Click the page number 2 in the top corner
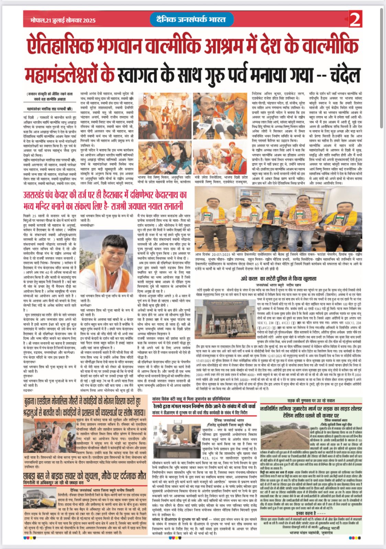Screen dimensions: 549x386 pyautogui.click(x=355, y=20)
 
